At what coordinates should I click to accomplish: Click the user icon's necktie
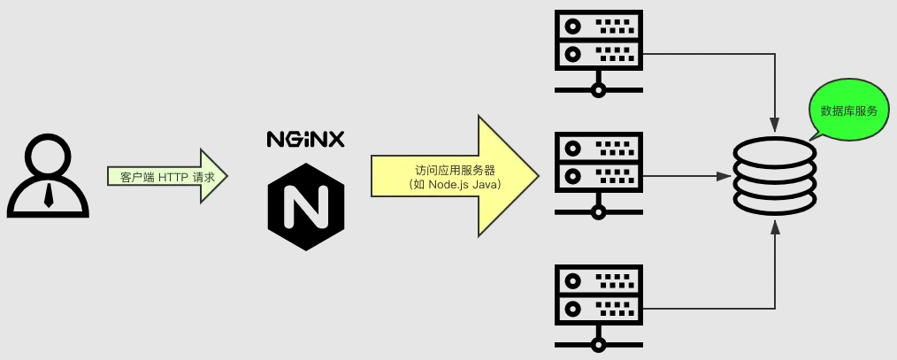(49, 195)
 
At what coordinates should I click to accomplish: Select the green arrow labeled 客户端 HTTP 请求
(168, 177)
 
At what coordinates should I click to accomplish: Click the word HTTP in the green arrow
(173, 177)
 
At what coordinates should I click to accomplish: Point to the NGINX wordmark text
(305, 139)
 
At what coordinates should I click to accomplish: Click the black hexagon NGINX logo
(306, 206)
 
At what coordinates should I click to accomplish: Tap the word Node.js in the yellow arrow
(449, 185)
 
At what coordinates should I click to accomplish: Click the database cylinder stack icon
(775, 178)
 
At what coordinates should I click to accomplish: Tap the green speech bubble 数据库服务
(848, 111)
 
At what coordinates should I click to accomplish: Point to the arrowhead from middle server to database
(725, 175)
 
